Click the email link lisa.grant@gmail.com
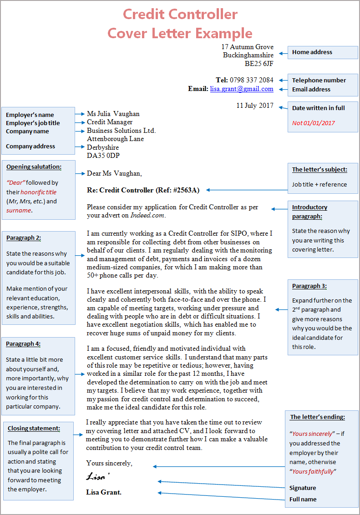(242, 89)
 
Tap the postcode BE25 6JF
(259, 64)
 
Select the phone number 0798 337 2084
(251, 80)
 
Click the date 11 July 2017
(255, 106)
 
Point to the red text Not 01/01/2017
(313, 123)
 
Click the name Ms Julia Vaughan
(113, 114)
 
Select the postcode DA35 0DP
(102, 156)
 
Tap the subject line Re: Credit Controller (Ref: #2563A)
(143, 190)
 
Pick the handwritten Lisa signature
(98, 477)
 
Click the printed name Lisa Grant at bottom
(104, 492)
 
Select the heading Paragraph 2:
(24, 237)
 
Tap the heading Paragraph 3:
(309, 286)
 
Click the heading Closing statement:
(34, 428)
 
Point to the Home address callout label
(312, 52)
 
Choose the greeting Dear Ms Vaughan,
(114, 173)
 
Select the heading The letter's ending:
(317, 417)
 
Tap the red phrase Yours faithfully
(313, 471)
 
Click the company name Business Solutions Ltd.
(121, 131)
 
